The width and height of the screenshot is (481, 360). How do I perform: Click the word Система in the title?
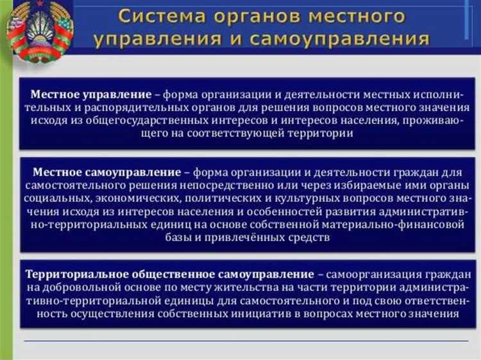coord(157,15)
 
